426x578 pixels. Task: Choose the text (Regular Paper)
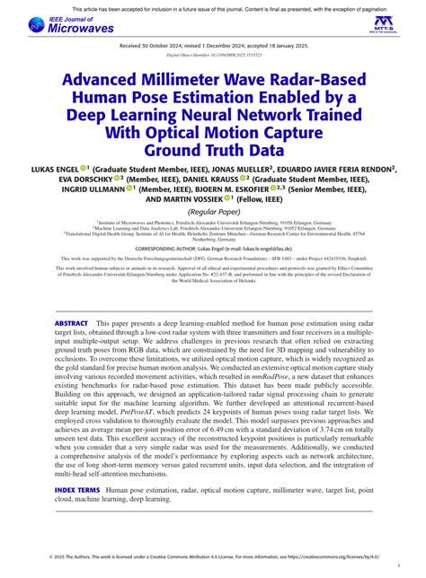[x=212, y=212]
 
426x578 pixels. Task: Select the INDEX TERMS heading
[x=77, y=490]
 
